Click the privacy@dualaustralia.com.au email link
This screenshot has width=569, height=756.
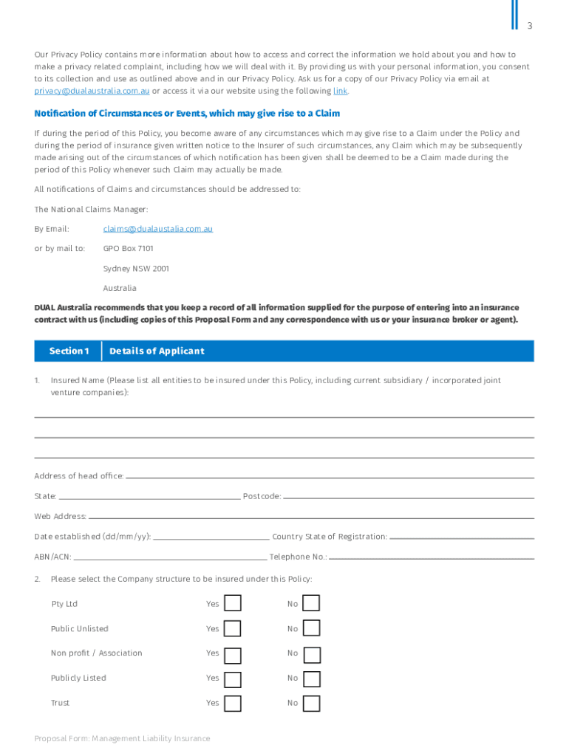(92, 91)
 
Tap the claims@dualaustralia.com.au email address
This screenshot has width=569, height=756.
(157, 229)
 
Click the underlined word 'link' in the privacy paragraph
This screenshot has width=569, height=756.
(340, 91)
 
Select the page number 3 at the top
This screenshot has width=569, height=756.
(529, 27)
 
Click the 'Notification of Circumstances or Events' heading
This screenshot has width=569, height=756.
(187, 114)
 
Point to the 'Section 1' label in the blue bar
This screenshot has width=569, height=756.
(69, 351)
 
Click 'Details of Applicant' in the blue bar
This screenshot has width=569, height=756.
(157, 351)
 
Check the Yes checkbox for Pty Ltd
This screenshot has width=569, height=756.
(233, 604)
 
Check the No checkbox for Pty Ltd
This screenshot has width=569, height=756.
(312, 604)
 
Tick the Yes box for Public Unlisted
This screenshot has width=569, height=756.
(233, 629)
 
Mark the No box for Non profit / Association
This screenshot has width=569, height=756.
(312, 654)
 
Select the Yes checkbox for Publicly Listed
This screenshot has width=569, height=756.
(233, 678)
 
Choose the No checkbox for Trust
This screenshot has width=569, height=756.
(312, 704)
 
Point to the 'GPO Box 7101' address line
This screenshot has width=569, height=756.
(128, 249)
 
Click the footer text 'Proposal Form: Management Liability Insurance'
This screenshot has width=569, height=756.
(122, 739)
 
